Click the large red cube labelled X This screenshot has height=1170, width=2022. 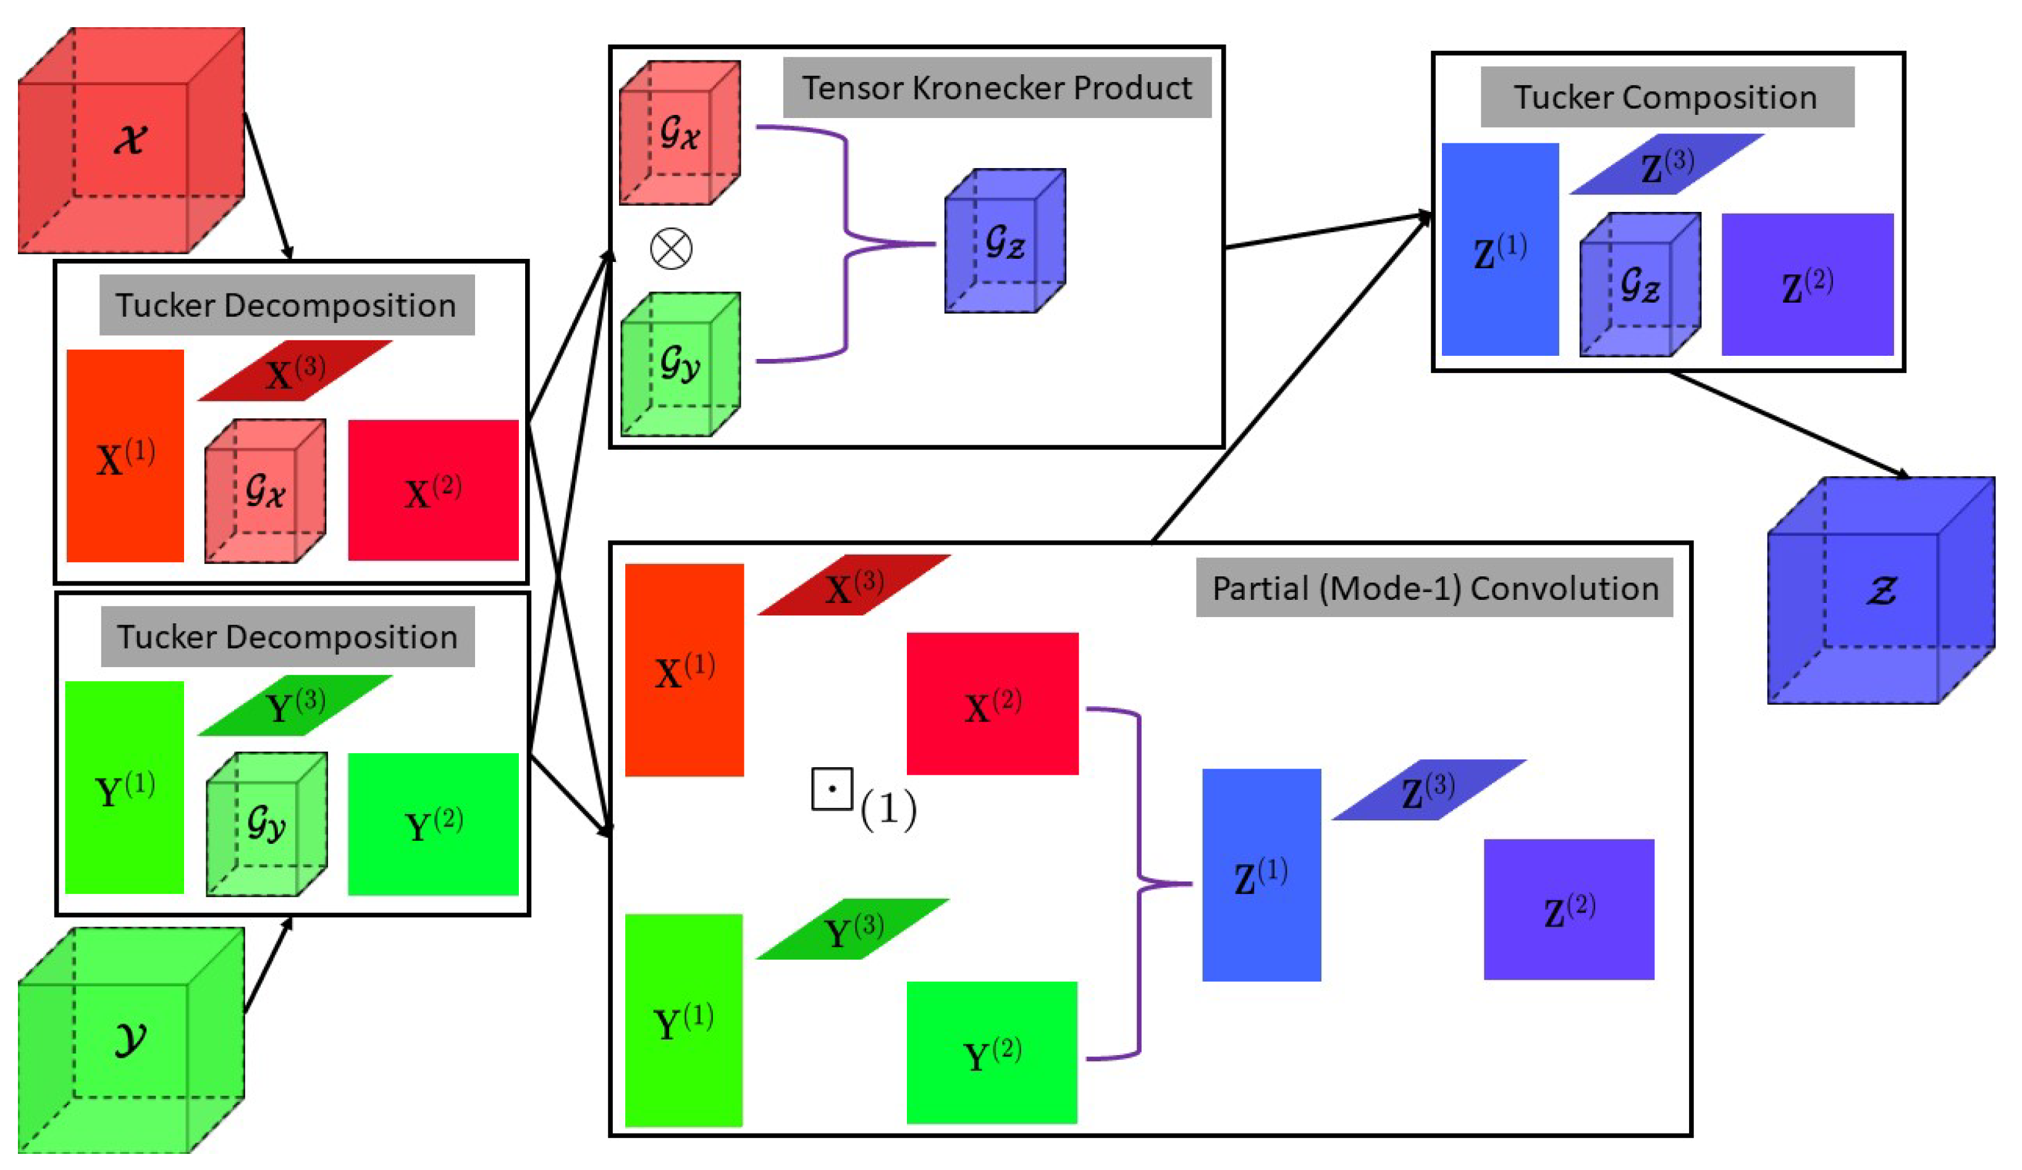(131, 140)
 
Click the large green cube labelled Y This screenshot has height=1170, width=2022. (131, 1040)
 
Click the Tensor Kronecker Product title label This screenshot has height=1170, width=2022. (996, 88)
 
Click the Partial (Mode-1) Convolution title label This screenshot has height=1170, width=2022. (1434, 587)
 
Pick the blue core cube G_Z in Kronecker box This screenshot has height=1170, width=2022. (1005, 241)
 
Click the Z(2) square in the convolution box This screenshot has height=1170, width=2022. (1569, 909)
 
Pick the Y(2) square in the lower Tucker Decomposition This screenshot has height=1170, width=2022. (433, 823)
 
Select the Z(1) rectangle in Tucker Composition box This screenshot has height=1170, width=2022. (1499, 250)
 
